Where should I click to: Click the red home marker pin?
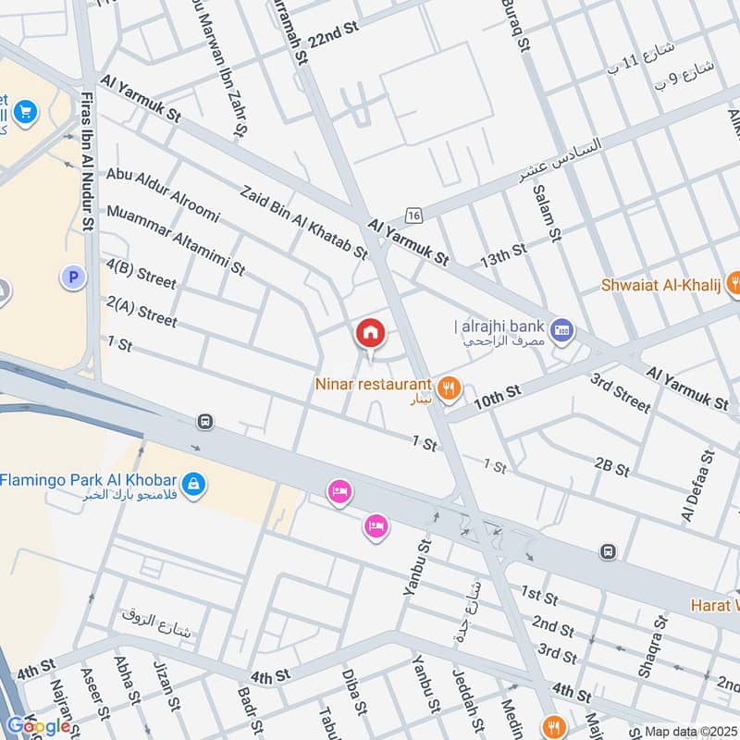[370, 333]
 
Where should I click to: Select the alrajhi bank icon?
[561, 328]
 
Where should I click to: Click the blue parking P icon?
[71, 276]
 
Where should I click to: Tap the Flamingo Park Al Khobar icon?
[192, 482]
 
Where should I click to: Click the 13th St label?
[502, 253]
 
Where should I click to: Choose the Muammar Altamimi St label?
[176, 240]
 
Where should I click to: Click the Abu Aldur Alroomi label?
[163, 195]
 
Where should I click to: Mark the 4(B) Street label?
[141, 274]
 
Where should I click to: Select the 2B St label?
[611, 465]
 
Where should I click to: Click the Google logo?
[39, 726]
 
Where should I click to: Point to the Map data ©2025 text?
[690, 731]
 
